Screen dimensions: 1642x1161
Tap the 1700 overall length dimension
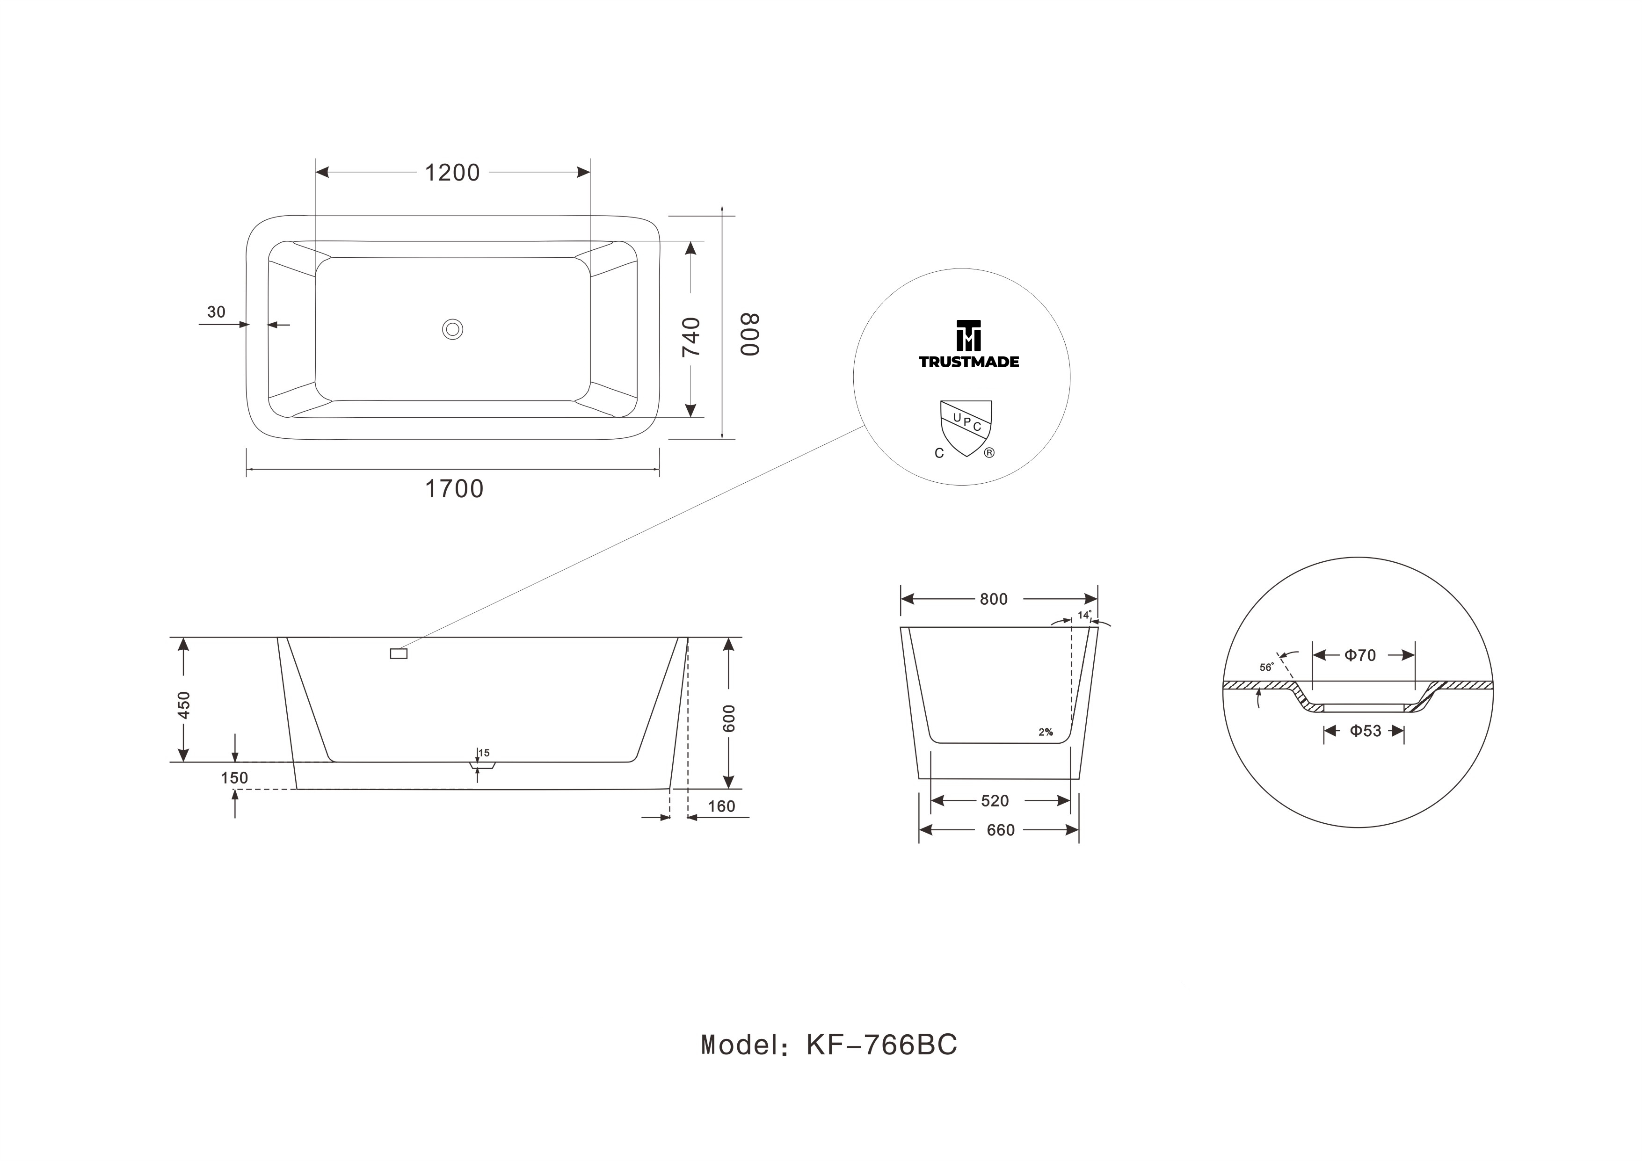[454, 489]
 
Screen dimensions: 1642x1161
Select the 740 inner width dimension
[691, 337]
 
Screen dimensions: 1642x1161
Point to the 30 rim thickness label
[216, 312]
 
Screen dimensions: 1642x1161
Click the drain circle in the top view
[453, 329]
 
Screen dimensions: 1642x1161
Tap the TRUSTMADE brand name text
[968, 362]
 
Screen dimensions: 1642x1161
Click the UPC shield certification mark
[966, 428]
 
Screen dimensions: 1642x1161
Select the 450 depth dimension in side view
[184, 705]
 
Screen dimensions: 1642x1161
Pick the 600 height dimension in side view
[729, 718]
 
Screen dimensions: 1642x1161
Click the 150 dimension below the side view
[234, 778]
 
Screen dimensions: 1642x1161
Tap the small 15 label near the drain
[484, 753]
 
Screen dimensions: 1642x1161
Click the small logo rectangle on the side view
[399, 653]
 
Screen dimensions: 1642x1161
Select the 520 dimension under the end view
[995, 801]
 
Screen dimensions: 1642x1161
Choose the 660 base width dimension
[1001, 830]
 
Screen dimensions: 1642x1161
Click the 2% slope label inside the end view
[1046, 732]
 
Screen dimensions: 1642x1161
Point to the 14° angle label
[1085, 615]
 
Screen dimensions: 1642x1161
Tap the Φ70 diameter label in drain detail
[1359, 655]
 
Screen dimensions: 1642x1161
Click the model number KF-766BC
[882, 1045]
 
